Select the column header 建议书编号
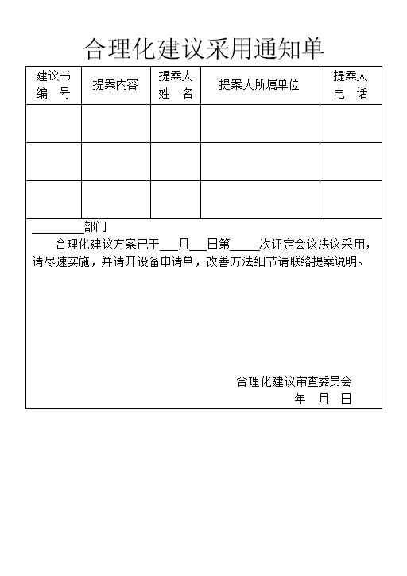coord(53,84)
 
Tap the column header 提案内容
coord(115,84)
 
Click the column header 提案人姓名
coord(176,84)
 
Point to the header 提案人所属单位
coord(259,84)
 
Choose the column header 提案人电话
coord(351,84)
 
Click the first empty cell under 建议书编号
coord(53,123)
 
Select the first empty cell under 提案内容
coord(115,123)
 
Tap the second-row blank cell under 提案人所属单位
coord(260,161)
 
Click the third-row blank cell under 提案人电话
coord(351,199)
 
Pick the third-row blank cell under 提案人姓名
coord(176,199)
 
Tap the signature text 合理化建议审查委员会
coord(293,381)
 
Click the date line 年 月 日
coord(323,399)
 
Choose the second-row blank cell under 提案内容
coord(115,161)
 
